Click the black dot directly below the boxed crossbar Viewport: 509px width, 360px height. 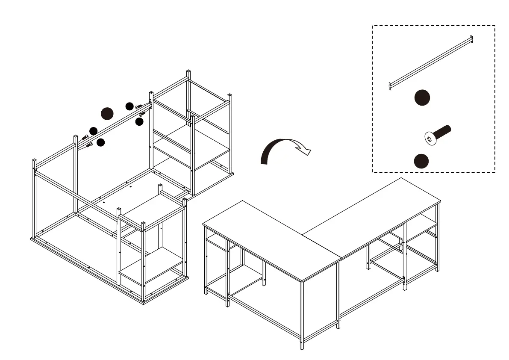coord(422,98)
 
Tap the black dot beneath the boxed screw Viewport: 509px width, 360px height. coord(421,161)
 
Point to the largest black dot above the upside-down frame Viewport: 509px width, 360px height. coord(107,113)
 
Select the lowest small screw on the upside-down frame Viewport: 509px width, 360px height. coord(89,145)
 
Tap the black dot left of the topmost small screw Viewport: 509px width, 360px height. coord(129,106)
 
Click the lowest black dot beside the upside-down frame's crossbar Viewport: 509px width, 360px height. coord(100,142)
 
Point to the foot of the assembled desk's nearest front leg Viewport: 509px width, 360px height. coord(303,347)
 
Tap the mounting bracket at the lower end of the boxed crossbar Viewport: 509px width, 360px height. coord(391,86)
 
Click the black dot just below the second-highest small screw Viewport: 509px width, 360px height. coord(139,122)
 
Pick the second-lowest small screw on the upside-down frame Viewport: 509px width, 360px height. coord(85,137)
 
